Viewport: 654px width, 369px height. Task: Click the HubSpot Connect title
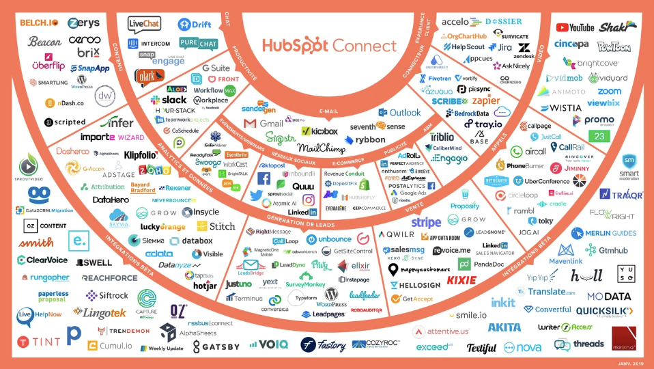[x=329, y=46]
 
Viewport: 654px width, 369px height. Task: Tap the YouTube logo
[x=575, y=28]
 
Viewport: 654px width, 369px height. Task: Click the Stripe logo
[x=426, y=223]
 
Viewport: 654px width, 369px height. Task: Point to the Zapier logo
[x=485, y=101]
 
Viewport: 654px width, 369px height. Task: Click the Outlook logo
[x=400, y=113]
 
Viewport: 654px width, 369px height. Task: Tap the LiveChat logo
[x=145, y=25]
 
